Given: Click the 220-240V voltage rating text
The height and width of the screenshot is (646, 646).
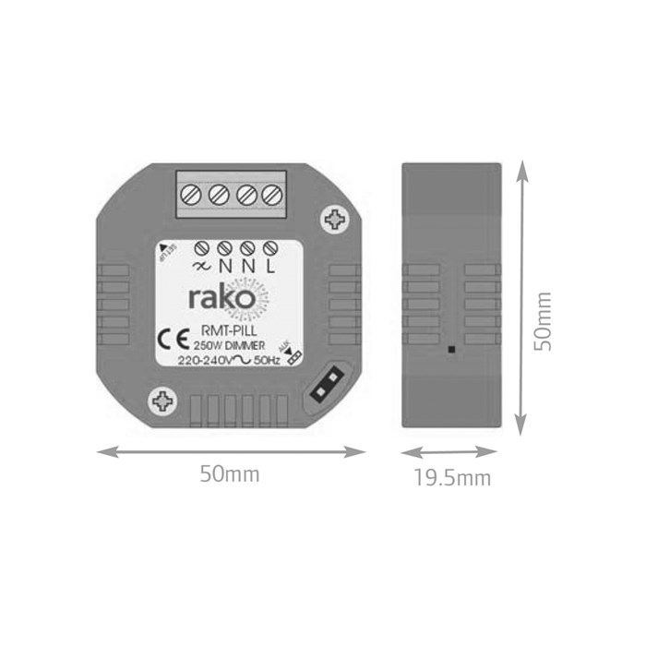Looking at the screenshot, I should coord(207,360).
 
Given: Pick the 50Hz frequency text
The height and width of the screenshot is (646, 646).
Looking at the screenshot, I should coord(269,360).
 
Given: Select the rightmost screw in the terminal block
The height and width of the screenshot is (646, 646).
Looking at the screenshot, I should coord(271,196).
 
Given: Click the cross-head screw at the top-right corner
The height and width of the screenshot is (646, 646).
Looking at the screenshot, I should coord(336,219).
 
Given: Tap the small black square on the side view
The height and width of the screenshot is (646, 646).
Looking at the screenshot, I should coord(449,350).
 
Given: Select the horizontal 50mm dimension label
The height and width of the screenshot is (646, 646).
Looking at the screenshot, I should coord(230,474).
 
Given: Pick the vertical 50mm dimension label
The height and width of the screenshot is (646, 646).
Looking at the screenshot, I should coord(544,320).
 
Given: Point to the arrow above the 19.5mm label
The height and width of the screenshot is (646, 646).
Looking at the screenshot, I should coord(452,453).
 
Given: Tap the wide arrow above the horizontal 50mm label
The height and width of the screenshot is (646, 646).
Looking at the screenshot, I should coord(231,451).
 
